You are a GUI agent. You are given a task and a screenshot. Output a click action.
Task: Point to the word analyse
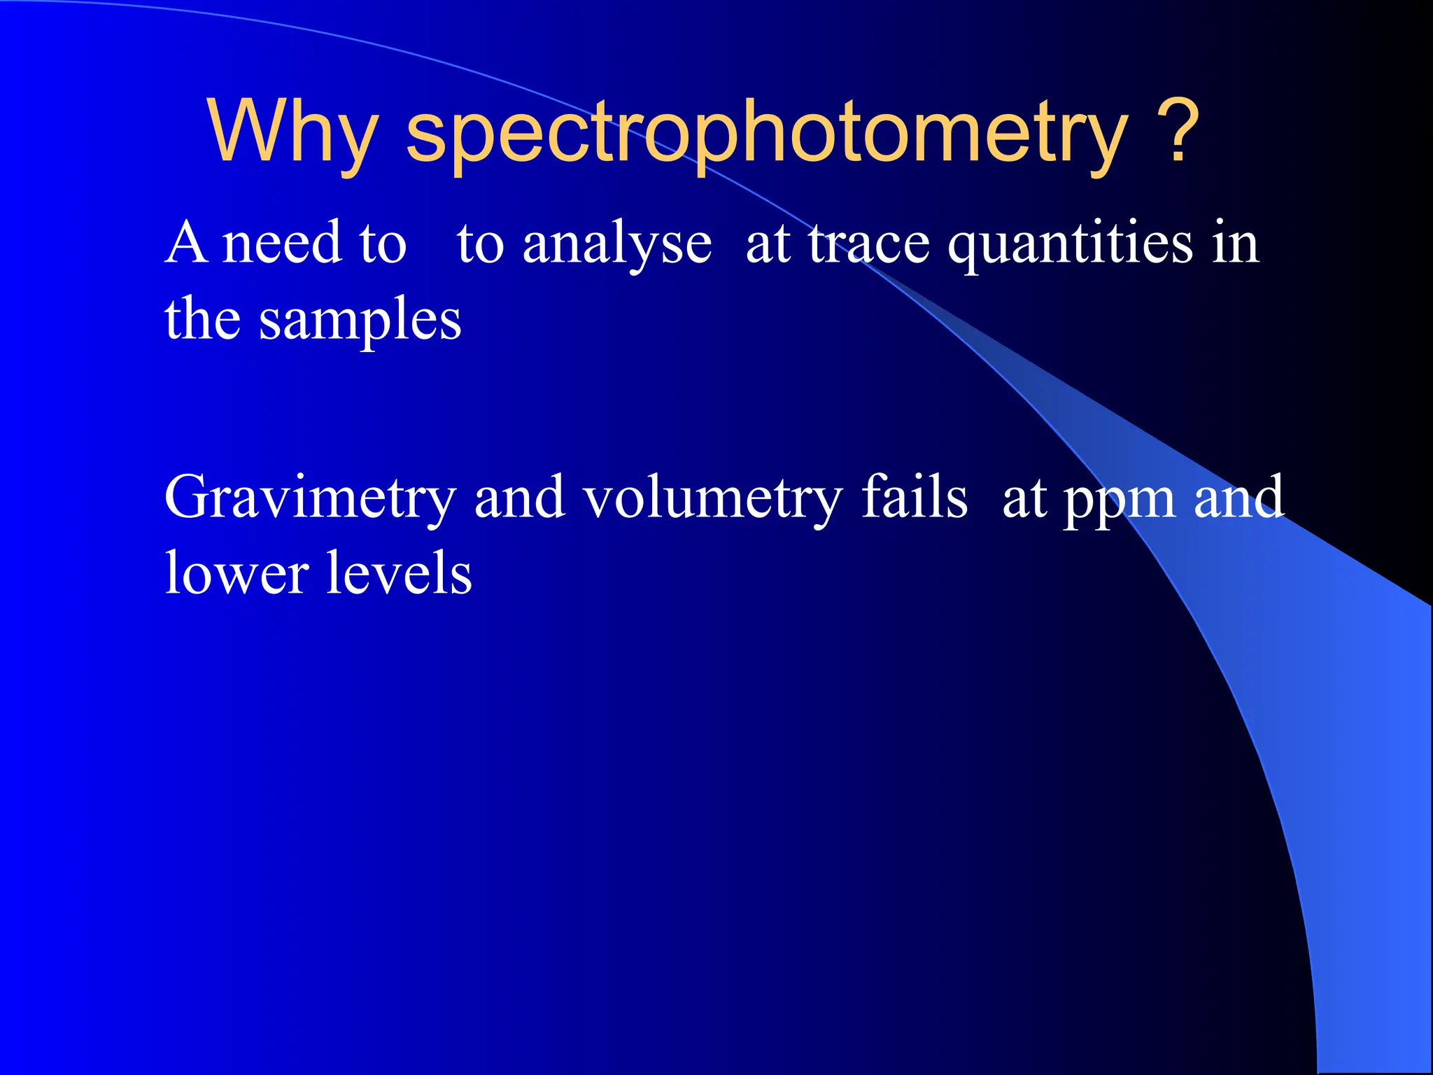tap(617, 245)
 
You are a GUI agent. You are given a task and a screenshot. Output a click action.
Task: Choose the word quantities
tap(1070, 245)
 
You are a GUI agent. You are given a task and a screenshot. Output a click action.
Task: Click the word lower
tap(237, 573)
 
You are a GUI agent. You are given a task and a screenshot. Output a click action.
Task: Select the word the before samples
tap(202, 318)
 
